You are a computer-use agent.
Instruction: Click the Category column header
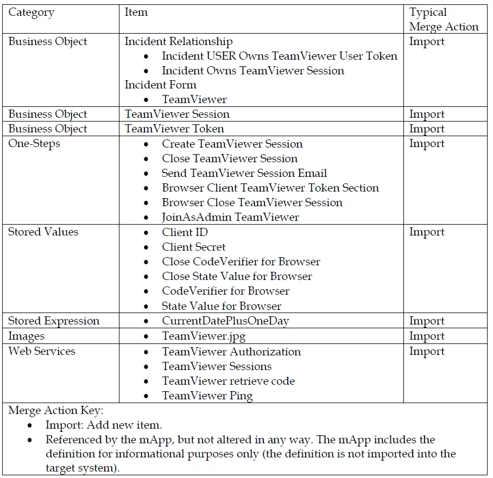31,12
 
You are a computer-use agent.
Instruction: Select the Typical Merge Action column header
444,20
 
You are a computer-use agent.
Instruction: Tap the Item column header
136,12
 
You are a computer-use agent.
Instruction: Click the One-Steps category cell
34,144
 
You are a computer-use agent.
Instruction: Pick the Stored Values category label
43,232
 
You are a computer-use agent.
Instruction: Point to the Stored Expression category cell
54,321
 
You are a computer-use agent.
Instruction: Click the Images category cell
26,336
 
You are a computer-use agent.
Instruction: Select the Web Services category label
41,351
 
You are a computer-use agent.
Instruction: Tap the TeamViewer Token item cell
174,129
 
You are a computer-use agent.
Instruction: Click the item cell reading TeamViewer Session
177,114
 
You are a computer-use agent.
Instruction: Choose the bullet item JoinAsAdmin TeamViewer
230,217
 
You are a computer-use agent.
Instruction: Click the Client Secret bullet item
193,247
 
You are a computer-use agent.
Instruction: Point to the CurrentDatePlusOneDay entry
225,321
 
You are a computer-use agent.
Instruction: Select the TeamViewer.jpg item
204,336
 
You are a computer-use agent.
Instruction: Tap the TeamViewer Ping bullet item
207,396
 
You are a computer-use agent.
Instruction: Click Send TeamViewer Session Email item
244,173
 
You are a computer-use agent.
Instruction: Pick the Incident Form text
160,85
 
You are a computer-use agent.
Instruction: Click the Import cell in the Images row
427,336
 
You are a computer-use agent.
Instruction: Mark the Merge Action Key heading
55,411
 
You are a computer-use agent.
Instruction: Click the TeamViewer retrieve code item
228,381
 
